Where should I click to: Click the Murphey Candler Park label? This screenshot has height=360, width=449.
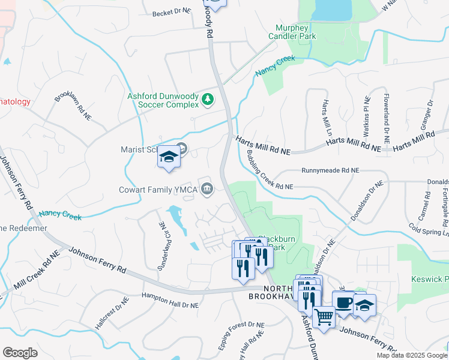tap(295, 32)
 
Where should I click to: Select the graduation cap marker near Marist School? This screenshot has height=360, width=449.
tap(169, 158)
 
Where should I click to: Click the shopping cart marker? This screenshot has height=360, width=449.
tap(324, 317)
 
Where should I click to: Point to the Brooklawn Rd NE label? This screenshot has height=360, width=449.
tap(73, 107)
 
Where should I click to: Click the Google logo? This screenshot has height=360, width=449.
tap(20, 353)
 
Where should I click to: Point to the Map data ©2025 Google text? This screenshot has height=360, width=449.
tap(411, 355)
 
